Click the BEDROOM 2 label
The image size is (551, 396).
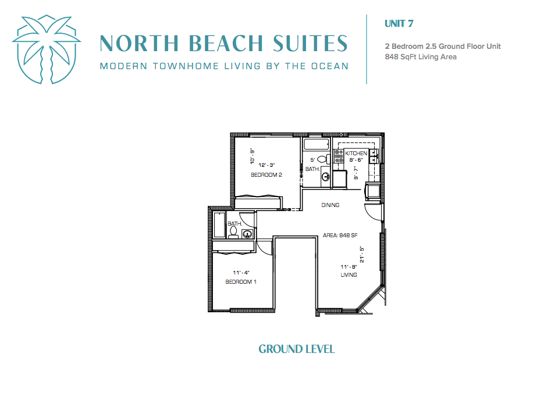point(266,175)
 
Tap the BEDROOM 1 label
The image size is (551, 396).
point(241,281)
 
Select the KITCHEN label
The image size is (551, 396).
point(356,154)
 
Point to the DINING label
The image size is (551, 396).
point(330,205)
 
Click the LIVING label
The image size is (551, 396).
point(349,275)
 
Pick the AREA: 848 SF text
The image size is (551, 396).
point(340,235)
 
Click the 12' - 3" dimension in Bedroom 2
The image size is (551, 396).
point(266,165)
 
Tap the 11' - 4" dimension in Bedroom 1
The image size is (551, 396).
point(241,272)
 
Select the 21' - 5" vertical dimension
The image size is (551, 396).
point(362,255)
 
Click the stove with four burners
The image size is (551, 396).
point(339,156)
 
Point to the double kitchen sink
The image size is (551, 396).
point(374,156)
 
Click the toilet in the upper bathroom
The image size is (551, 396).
point(324,159)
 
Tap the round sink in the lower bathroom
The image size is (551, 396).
point(248,233)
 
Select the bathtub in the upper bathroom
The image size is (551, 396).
point(317,144)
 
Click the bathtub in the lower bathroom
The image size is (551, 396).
point(219,225)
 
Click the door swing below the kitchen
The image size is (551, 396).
point(374,212)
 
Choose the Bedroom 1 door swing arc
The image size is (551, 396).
point(265,247)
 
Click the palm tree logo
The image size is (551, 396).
point(47,49)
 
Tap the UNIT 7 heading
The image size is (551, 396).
point(399,23)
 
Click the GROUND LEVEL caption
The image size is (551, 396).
point(297,349)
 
